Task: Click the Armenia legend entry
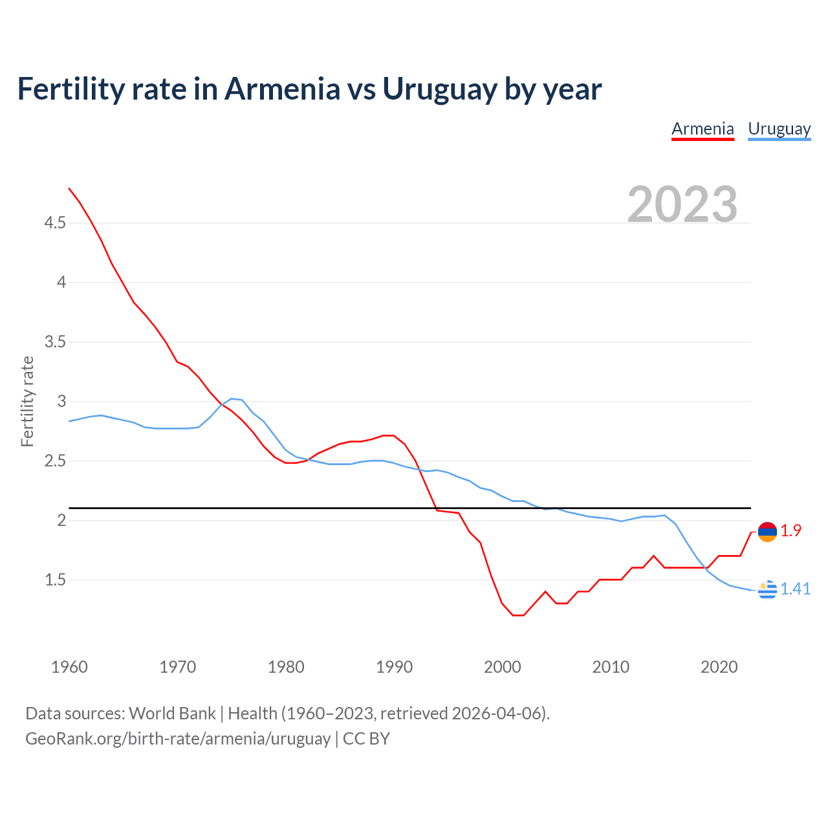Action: [703, 129]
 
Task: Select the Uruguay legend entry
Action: [779, 129]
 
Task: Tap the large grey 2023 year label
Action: [682, 204]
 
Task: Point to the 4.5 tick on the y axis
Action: [55, 223]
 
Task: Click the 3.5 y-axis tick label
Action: [55, 342]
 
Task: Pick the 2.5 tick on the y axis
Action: [55, 461]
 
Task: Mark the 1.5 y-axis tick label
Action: [55, 580]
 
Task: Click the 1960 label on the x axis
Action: [69, 667]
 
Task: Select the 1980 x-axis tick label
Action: [286, 667]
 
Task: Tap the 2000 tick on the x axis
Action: [503, 667]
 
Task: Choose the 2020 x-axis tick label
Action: [719, 667]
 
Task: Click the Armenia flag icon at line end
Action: [767, 532]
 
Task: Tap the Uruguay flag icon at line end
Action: [767, 589]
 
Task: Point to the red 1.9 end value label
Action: [790, 531]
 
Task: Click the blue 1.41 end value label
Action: [795, 589]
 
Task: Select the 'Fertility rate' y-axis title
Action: [27, 401]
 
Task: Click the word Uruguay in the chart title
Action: [440, 89]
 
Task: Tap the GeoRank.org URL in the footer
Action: [178, 739]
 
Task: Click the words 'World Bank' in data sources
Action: [172, 714]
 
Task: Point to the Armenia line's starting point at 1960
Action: [69, 188]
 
